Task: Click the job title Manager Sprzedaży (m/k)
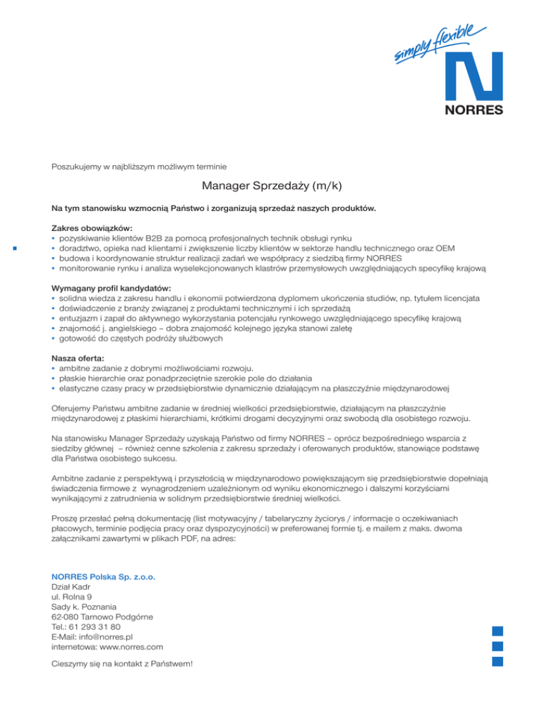[x=271, y=186]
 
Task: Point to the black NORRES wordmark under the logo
[x=474, y=110]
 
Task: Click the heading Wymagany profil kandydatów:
[x=112, y=288]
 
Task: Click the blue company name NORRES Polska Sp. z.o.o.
[x=103, y=576]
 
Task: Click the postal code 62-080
[x=65, y=616]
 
